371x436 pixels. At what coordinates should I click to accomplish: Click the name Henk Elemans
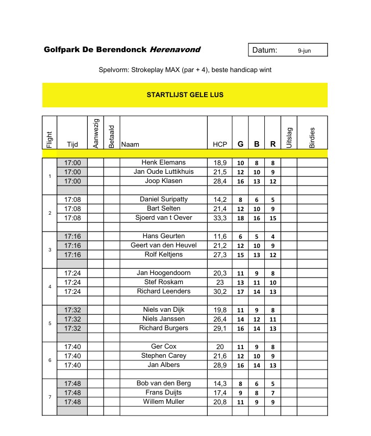(163, 163)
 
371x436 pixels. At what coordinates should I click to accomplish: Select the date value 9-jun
(304, 51)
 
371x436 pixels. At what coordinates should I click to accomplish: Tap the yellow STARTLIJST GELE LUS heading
(185, 95)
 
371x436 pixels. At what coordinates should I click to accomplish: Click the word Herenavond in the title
(175, 50)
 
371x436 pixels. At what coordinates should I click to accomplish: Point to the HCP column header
(220, 145)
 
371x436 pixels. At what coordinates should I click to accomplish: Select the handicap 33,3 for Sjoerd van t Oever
(220, 218)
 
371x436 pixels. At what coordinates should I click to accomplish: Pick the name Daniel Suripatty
(163, 199)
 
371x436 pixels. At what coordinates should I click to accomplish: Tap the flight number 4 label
(50, 287)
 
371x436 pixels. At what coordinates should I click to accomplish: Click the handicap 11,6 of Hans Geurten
(220, 236)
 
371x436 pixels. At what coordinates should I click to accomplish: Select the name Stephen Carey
(163, 356)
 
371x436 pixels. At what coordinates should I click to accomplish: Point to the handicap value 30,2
(220, 291)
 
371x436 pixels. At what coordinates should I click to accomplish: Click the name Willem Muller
(163, 402)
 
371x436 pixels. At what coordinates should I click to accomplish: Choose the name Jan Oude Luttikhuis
(163, 172)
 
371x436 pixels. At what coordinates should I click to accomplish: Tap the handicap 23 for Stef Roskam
(220, 282)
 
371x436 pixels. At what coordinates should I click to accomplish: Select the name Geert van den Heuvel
(163, 245)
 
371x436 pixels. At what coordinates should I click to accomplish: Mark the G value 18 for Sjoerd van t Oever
(240, 218)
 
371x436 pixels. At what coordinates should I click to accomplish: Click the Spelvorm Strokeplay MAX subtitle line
(185, 70)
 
